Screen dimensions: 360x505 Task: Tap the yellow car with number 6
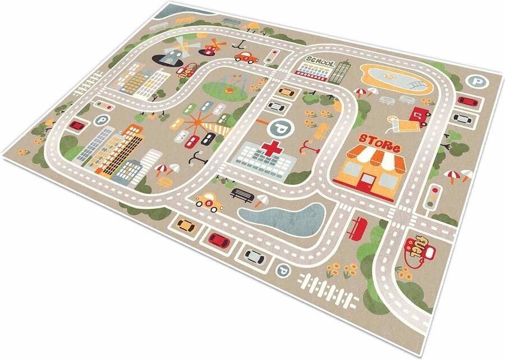209,200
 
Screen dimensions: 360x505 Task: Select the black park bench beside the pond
242,194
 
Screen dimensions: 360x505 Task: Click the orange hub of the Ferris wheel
199,120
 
